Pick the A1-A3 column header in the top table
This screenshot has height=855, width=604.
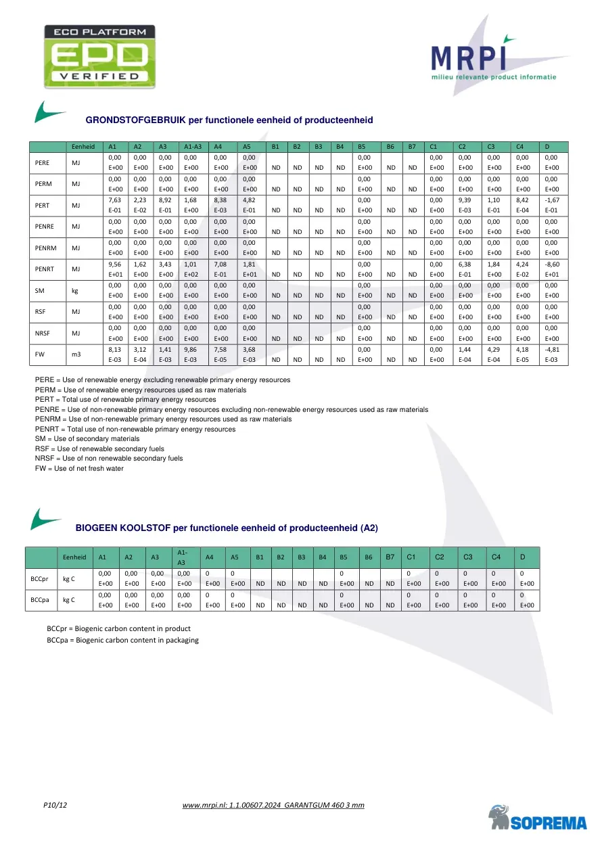(x=193, y=146)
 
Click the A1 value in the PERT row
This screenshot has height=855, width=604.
(x=115, y=205)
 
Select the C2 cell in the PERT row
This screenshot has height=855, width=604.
(x=467, y=205)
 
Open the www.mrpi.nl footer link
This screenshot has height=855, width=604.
(x=273, y=805)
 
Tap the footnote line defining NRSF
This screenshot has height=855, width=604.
(x=109, y=458)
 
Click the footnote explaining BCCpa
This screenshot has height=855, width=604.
(x=122, y=640)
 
